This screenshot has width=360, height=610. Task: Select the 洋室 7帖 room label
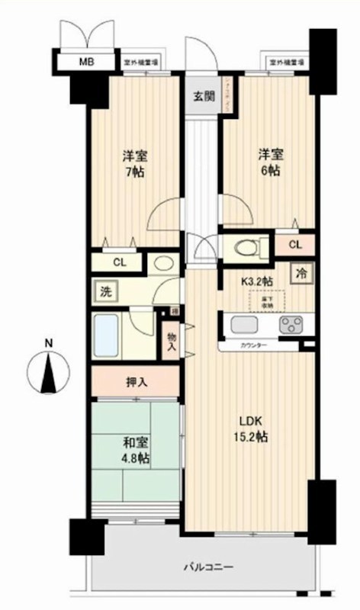click(137, 163)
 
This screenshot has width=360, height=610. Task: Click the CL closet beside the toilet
click(296, 244)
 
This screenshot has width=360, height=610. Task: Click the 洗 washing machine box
click(102, 291)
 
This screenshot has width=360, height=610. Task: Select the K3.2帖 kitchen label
click(256, 281)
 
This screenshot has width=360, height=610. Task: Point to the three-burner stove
click(292, 326)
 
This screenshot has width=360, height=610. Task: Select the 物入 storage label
click(172, 342)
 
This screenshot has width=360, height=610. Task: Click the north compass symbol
click(48, 371)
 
